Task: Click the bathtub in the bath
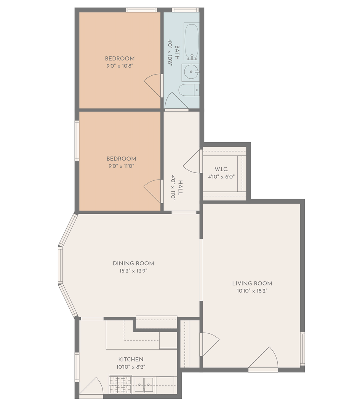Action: (192, 41)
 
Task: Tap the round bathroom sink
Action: (191, 71)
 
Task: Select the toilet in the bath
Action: (189, 90)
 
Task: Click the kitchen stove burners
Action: (120, 384)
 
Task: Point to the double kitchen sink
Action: (144, 385)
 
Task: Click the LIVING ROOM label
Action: (252, 284)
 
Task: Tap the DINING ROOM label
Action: (133, 263)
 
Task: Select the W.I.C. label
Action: (221, 169)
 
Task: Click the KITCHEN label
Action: (131, 359)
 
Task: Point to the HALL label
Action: (180, 187)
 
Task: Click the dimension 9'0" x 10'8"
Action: (120, 66)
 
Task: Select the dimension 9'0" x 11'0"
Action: (121, 166)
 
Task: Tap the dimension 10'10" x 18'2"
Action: (252, 291)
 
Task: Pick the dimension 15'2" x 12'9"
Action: (133, 271)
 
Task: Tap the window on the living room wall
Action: (302, 349)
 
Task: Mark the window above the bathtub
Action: (185, 10)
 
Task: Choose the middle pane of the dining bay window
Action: (60, 265)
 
